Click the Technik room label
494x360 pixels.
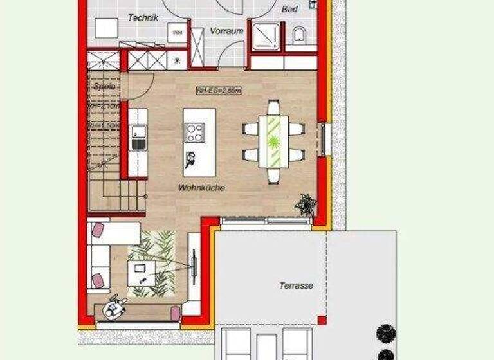tap(143, 18)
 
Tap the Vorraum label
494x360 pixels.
tap(226, 30)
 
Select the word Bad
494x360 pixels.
tap(289, 10)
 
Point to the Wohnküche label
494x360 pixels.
tap(201, 188)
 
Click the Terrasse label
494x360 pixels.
tap(297, 285)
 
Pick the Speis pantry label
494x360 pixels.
tap(104, 85)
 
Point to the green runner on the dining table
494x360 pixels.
tap(274, 141)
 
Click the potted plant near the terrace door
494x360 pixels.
tap(306, 206)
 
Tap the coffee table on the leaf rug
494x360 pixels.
tap(142, 273)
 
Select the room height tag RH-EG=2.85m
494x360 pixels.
tap(218, 91)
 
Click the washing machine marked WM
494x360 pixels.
tap(178, 32)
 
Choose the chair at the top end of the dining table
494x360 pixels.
tap(274, 107)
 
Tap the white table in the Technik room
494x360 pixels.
tap(106, 28)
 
